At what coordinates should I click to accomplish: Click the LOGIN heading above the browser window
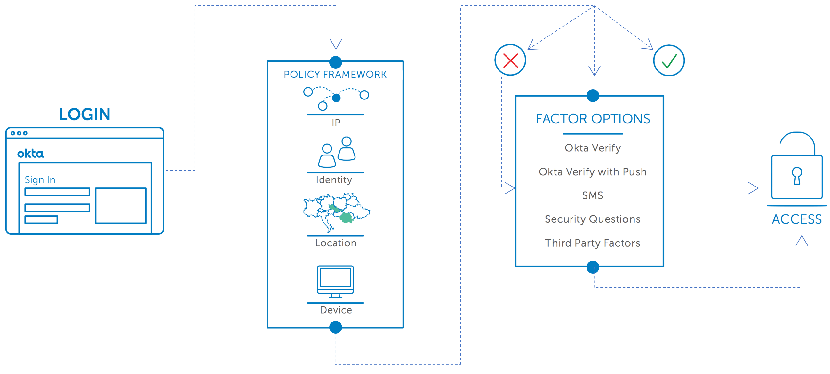pyautogui.click(x=84, y=114)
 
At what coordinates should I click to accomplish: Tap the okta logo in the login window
pyautogui.click(x=31, y=153)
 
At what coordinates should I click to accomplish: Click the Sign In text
pyautogui.click(x=40, y=180)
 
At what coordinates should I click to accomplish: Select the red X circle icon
pyautogui.click(x=510, y=60)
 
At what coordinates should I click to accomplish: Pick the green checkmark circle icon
pyautogui.click(x=669, y=60)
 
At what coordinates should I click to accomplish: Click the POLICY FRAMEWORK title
pyautogui.click(x=335, y=75)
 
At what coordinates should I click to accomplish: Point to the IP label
pyautogui.click(x=336, y=123)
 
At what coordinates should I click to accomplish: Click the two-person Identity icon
pyautogui.click(x=337, y=152)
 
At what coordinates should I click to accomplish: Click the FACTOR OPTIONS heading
pyautogui.click(x=593, y=119)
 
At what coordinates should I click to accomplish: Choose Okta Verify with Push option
pyautogui.click(x=593, y=172)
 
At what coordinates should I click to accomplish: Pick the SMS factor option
pyautogui.click(x=593, y=195)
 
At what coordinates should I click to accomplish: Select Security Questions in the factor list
pyautogui.click(x=593, y=219)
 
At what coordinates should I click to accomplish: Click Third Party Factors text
pyautogui.click(x=593, y=243)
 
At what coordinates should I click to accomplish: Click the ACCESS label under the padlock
pyautogui.click(x=797, y=219)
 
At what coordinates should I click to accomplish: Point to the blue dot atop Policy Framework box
pyautogui.click(x=335, y=62)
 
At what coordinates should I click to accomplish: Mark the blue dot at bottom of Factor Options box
pyautogui.click(x=593, y=267)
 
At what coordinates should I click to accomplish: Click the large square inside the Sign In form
pyautogui.click(x=121, y=205)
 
